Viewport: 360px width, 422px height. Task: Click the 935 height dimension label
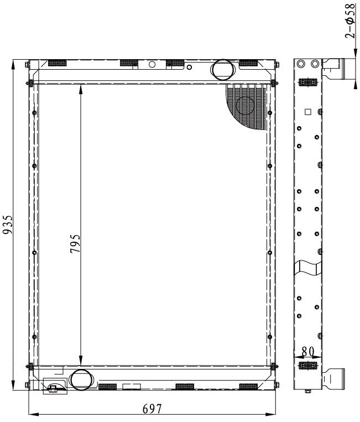7,224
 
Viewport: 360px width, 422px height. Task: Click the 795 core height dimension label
75,243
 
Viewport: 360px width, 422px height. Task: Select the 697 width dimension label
152,409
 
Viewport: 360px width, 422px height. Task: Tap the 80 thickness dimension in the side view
308,351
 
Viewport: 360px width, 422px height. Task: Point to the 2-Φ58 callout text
350,20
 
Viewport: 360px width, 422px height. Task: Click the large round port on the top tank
222,70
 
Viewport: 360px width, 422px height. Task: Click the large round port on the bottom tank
80,380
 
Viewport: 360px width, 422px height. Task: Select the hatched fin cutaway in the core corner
246,107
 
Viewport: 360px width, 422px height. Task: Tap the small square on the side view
308,112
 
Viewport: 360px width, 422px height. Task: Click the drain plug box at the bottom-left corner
55,386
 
